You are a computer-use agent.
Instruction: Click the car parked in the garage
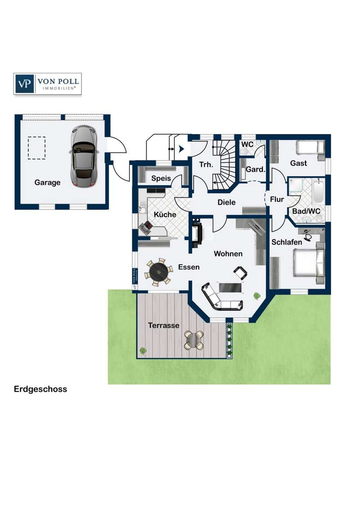pos(83,156)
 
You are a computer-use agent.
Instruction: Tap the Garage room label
pos(47,183)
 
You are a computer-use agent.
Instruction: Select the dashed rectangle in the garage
pos(36,148)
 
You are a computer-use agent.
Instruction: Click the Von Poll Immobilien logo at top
pos(47,84)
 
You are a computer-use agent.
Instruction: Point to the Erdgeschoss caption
pos(40,389)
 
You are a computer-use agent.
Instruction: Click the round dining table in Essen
pos(159,270)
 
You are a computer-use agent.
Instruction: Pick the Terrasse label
pos(163,325)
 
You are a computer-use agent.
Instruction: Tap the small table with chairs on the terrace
pos(194,340)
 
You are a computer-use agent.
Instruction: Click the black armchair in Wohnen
pos(240,272)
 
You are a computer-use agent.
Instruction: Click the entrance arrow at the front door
pos(182,149)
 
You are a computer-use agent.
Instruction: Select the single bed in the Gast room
pos(310,147)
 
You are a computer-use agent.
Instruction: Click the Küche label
pos(165,214)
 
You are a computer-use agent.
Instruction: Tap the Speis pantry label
pos(161,179)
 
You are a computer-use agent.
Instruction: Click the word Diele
pos(226,202)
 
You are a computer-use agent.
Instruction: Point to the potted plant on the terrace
pos(143,351)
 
